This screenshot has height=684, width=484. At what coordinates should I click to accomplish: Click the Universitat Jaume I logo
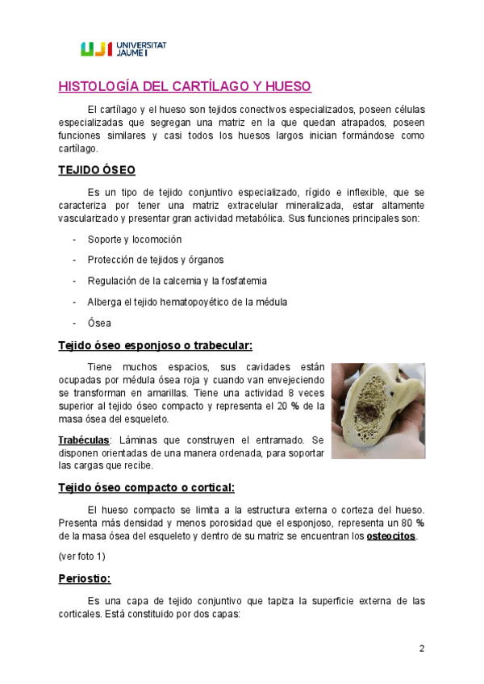pos(123,49)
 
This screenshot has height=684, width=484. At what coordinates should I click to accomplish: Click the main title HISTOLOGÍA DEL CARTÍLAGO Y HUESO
pos(185,87)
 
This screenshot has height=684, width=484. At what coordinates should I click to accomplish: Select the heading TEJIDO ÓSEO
pos(96,170)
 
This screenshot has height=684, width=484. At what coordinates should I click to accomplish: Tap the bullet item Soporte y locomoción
pos(135,240)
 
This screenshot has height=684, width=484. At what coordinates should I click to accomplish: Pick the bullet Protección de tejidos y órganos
pos(156,260)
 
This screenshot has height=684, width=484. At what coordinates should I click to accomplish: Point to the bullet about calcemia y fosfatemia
pos(177,281)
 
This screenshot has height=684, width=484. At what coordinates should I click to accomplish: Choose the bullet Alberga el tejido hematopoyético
pos(187,302)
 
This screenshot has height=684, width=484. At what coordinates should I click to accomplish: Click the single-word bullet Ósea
pos(100,323)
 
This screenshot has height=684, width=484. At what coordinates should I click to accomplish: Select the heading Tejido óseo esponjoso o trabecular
pos(155,346)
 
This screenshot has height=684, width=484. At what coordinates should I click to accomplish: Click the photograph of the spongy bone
pos(378,409)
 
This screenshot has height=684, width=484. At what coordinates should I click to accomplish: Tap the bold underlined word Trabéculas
pos(83,440)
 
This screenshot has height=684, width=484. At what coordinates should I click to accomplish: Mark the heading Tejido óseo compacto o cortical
pos(147,488)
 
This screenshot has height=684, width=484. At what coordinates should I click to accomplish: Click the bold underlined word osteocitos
pos(390,536)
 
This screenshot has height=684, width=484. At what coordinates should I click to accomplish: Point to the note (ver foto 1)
pos(81,557)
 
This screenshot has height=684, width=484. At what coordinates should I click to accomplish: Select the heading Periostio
pos(85,579)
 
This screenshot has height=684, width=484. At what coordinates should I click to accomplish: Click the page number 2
pos(422,649)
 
